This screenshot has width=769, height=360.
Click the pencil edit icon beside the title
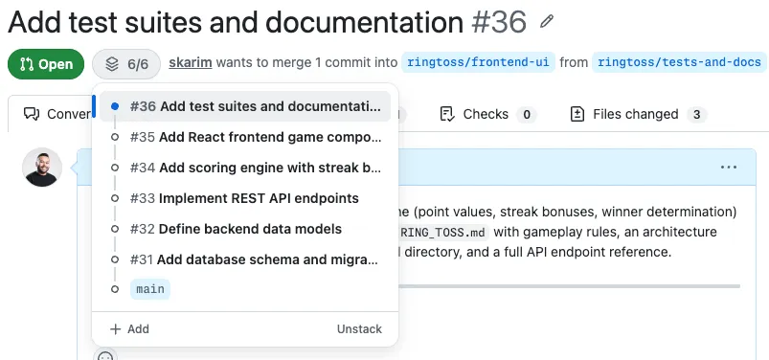(547, 21)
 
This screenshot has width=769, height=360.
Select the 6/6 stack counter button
(127, 64)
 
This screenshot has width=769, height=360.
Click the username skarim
(190, 63)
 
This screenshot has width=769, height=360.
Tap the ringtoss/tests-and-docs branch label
(679, 63)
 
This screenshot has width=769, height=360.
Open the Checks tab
(485, 114)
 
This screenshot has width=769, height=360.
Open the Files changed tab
(635, 114)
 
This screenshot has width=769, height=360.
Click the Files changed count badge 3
(697, 115)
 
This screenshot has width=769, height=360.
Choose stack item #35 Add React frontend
(255, 137)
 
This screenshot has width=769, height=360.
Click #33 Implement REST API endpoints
(244, 198)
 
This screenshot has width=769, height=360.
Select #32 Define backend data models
(236, 229)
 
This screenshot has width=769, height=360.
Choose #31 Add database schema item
(255, 259)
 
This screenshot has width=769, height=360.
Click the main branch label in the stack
(150, 289)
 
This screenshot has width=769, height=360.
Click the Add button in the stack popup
(129, 328)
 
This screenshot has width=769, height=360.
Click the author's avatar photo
(42, 168)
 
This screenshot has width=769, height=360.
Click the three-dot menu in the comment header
(729, 168)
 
